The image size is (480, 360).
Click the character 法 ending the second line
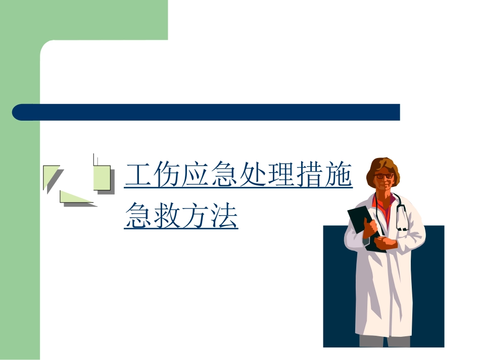click(x=224, y=216)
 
